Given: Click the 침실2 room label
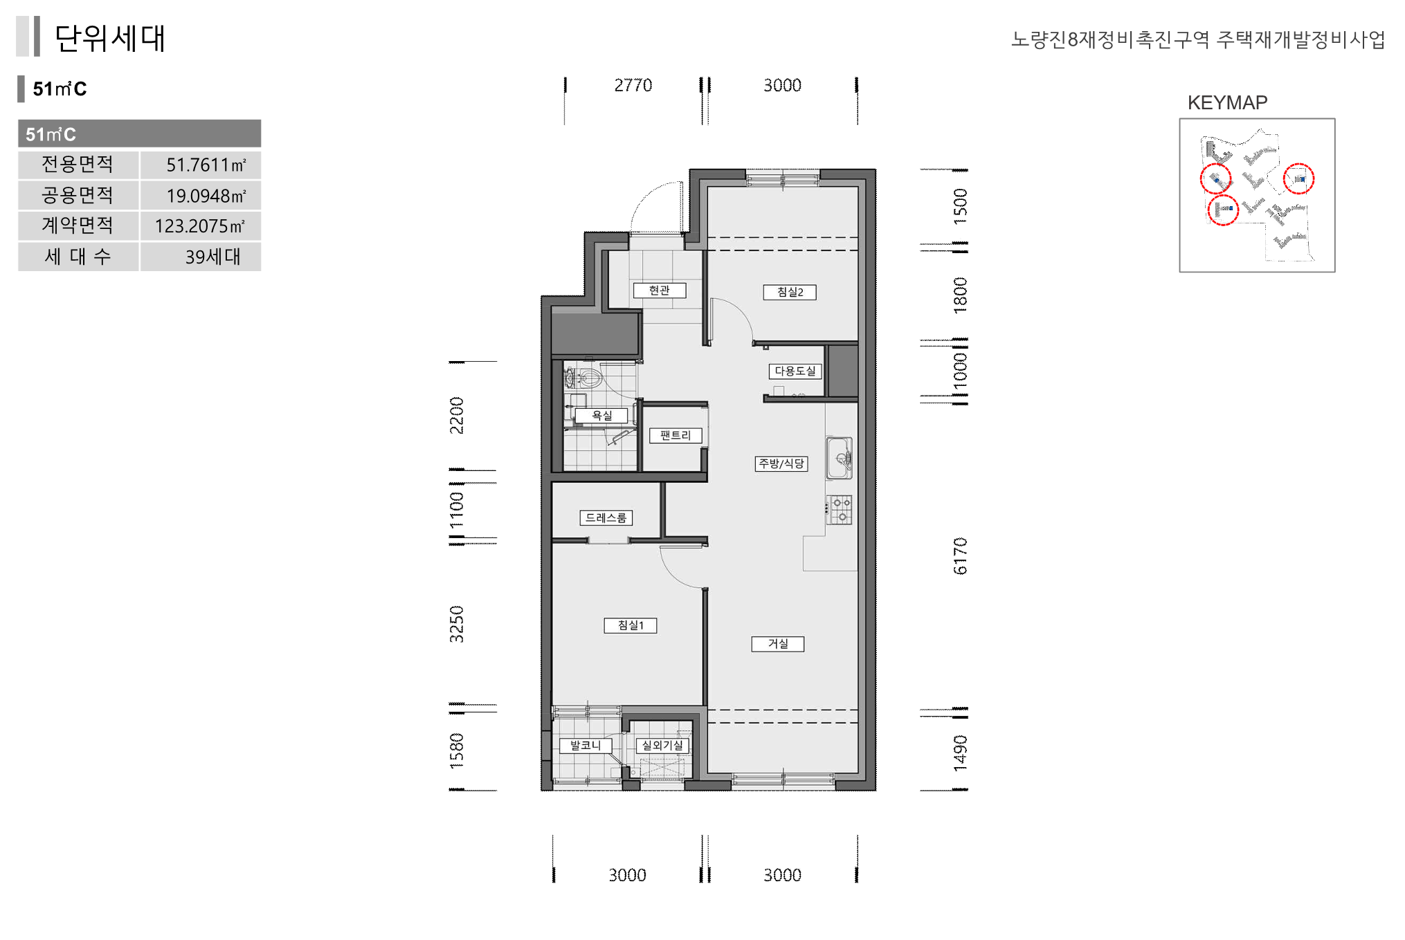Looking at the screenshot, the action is (x=789, y=292).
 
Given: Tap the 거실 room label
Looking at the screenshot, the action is (x=778, y=644).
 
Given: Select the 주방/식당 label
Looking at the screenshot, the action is (x=781, y=463).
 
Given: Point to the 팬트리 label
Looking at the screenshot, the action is (x=676, y=435).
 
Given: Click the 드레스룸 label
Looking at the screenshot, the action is (x=606, y=517).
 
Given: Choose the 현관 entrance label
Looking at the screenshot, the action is (x=660, y=291).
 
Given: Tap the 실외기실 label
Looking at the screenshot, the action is (x=662, y=746).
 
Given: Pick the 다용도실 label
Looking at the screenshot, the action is (x=795, y=371).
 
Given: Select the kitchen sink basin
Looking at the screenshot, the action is (x=839, y=457).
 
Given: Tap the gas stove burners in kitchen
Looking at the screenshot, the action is (x=839, y=510).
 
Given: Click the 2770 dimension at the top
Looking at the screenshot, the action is (x=633, y=85).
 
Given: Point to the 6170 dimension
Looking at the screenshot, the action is (x=960, y=555).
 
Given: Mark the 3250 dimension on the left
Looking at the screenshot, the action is (x=456, y=624).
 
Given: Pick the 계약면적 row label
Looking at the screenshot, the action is (x=78, y=225).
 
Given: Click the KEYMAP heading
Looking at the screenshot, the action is (x=1227, y=102).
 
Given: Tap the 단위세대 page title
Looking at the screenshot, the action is (x=110, y=38).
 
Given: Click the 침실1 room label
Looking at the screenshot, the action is (x=631, y=625).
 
